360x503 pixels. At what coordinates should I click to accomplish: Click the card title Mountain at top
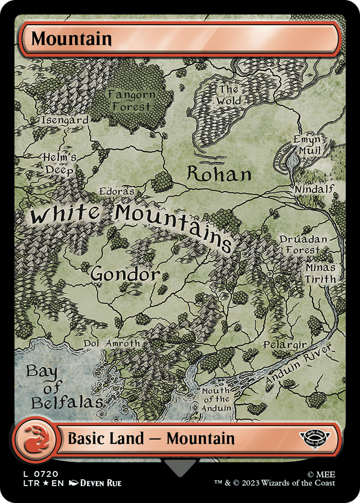72,39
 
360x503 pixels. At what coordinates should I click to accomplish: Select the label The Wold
229,95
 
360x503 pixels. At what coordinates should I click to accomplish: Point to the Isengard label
65,120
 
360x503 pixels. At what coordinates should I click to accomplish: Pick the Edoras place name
116,191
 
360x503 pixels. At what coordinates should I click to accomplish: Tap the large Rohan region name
219,175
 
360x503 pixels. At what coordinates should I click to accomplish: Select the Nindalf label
314,188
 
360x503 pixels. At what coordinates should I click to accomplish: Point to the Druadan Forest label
303,245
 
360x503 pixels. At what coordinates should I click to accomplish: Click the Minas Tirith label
320,273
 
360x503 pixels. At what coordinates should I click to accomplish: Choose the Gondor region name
125,274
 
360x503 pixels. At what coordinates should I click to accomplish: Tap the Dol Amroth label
112,343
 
